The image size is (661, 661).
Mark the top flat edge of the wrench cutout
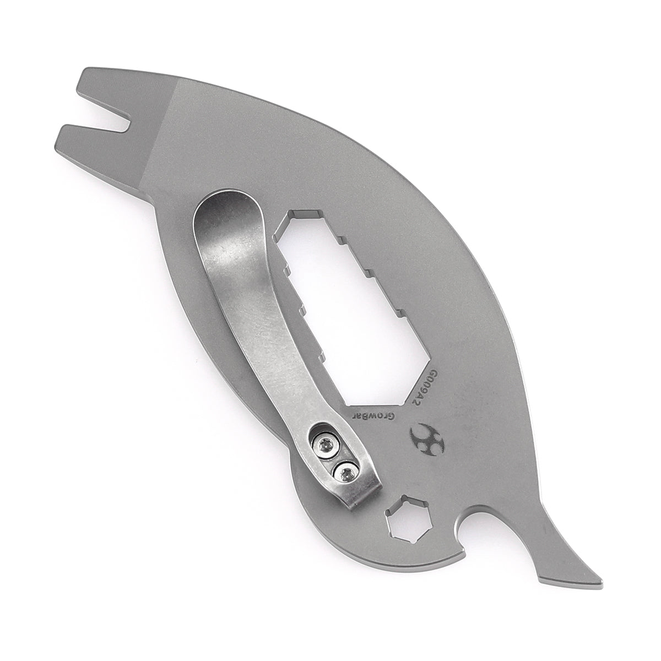point(306,213)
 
